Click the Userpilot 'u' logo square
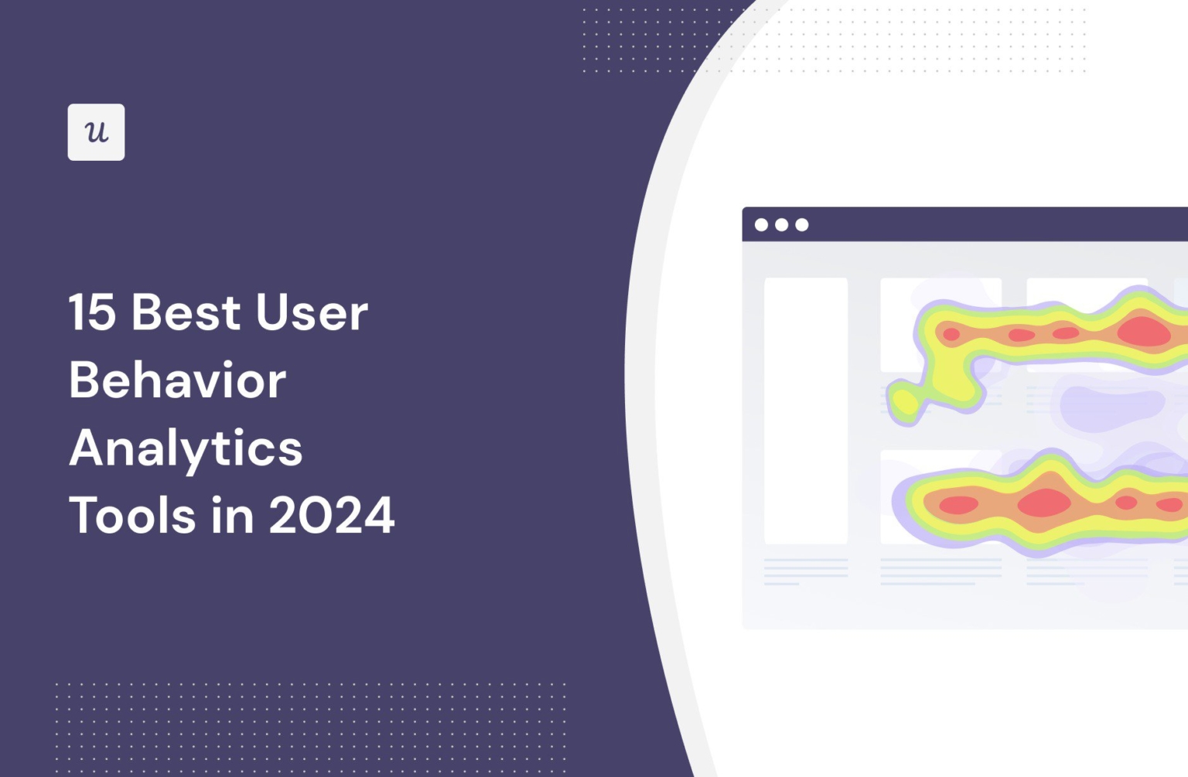(96, 132)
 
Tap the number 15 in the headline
(91, 313)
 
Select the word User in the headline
(312, 313)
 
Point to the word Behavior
(177, 380)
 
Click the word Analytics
(186, 448)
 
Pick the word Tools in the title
(132, 516)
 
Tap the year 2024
(332, 516)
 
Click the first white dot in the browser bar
(761, 225)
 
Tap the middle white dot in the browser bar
(781, 225)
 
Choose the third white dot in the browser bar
(802, 225)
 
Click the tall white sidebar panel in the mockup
(806, 411)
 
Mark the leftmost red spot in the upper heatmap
(951, 335)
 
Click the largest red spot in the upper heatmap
(1143, 331)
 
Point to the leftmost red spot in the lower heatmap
(958, 505)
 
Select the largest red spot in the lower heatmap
(1044, 503)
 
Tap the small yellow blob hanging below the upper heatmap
(903, 402)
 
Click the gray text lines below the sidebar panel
(805, 571)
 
